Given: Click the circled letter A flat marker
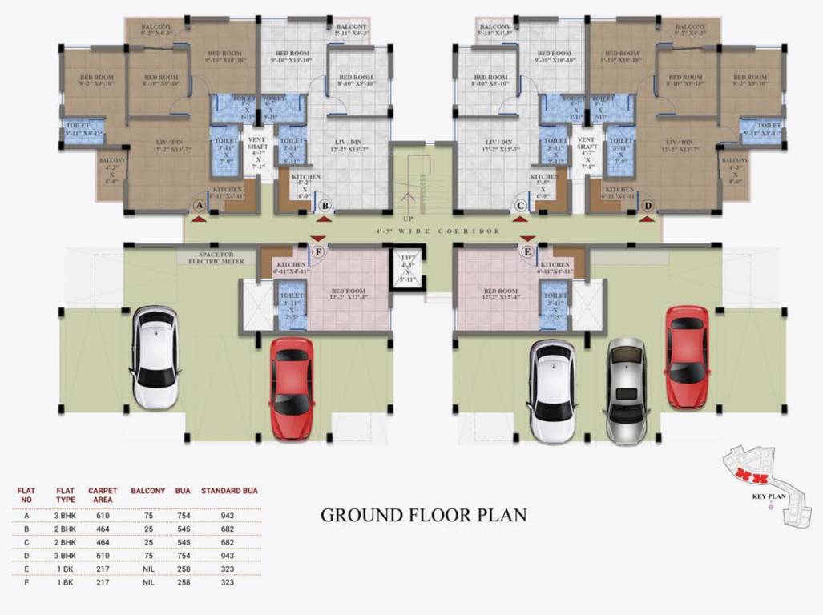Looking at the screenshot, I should [198, 206].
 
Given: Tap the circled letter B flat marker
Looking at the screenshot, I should [325, 206].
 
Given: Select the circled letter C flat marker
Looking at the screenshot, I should [520, 206].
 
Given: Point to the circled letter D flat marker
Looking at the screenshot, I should [648, 206].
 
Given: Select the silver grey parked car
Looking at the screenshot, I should [626, 390].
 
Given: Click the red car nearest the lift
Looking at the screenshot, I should [292, 388].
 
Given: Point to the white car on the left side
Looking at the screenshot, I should [155, 356].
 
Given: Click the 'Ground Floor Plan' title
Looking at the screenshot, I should [423, 515].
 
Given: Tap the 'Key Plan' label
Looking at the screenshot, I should [768, 496].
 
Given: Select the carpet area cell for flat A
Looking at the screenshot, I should [102, 516].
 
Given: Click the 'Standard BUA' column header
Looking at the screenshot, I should [228, 490].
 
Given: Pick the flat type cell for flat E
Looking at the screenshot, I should [65, 569].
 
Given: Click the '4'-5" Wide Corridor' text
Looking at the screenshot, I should [438, 231].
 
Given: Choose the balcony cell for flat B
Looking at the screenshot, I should [147, 529].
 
